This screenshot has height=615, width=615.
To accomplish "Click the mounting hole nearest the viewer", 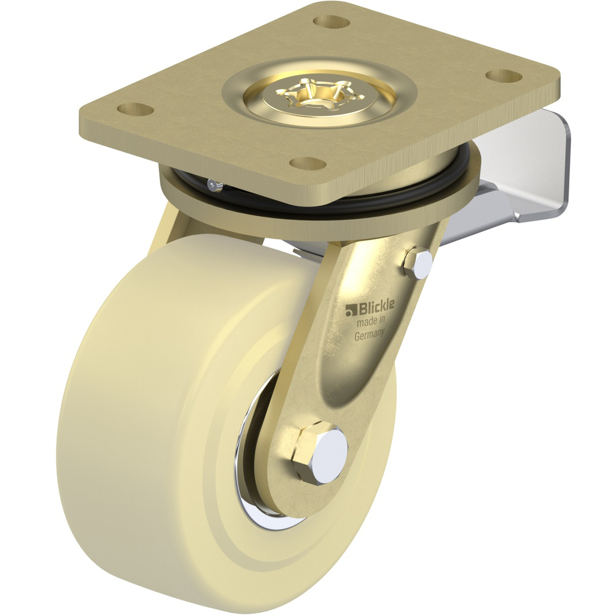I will pos(307,163).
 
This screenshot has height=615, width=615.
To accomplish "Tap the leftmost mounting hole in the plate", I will pos(135,109).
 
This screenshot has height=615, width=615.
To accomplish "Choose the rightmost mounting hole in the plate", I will pos(502,76).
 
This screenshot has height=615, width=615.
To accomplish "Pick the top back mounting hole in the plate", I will pos(332,22).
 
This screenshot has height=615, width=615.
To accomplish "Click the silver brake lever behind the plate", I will pos(529,174).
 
